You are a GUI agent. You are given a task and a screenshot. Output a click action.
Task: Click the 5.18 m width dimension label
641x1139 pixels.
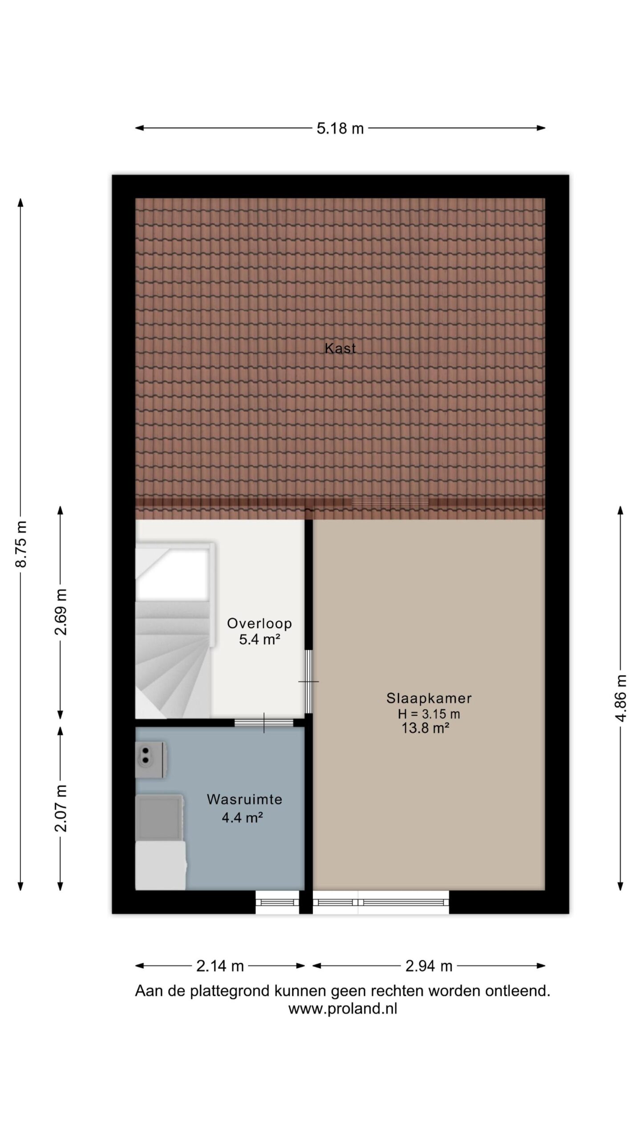pos(340,129)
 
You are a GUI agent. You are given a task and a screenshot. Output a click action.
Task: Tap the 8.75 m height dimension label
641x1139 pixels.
pos(21,544)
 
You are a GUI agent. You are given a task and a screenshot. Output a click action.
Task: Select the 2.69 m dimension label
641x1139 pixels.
pos(61,612)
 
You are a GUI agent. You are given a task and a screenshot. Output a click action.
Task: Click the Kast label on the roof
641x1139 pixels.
pos(340,348)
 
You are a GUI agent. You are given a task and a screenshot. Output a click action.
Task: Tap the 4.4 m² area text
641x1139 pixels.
pos(242,817)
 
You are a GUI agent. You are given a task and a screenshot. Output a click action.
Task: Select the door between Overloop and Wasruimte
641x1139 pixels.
pos(264,723)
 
